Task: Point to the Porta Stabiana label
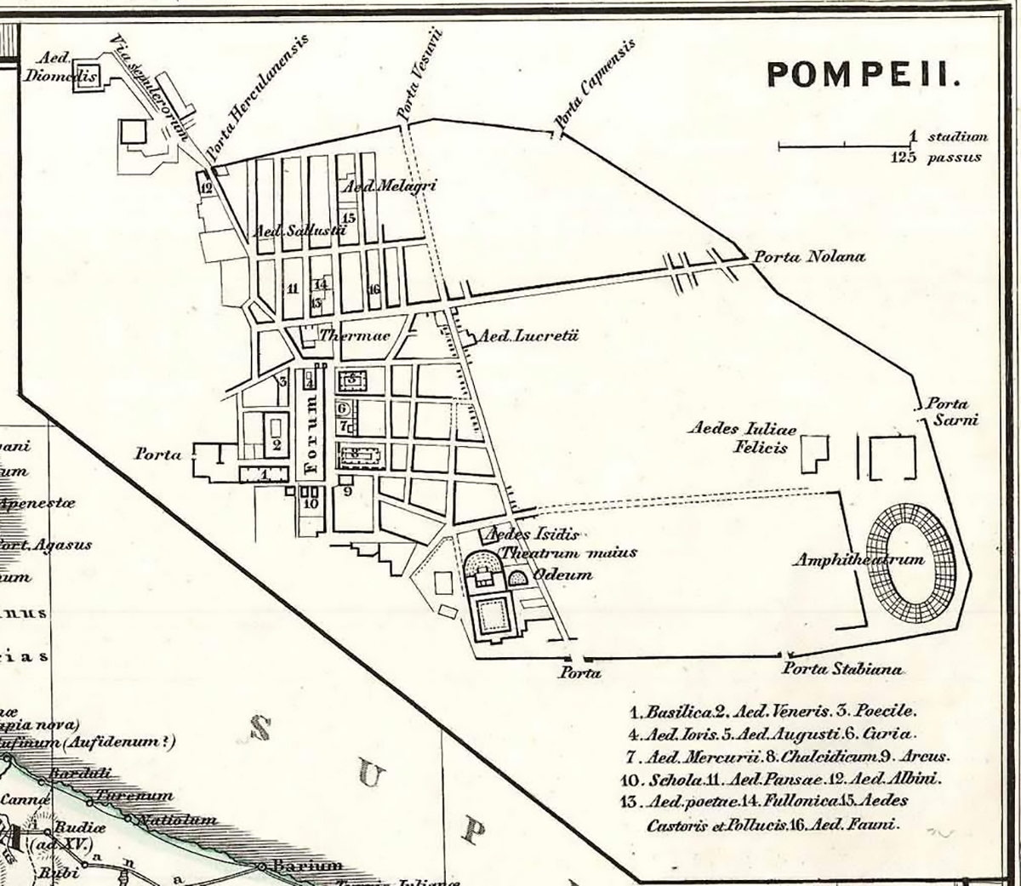843,669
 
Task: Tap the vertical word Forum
312,433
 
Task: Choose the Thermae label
354,336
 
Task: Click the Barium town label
295,866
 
